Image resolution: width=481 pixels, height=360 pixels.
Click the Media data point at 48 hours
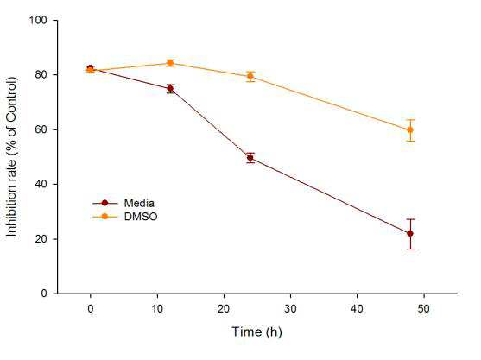pyautogui.click(x=410, y=234)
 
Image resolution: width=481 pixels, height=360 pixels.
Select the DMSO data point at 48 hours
pyautogui.click(x=410, y=130)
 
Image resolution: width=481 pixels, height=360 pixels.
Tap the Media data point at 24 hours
pyautogui.click(x=250, y=158)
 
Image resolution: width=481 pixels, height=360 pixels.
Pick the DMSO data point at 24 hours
pyautogui.click(x=250, y=76)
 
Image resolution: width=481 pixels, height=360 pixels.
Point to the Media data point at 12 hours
pyautogui.click(x=170, y=89)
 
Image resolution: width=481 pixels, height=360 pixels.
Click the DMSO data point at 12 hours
pyautogui.click(x=170, y=64)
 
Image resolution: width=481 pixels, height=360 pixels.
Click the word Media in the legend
pyautogui.click(x=139, y=203)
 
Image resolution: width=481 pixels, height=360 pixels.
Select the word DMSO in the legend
pyautogui.click(x=141, y=217)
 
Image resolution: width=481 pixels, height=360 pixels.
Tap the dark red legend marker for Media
pyautogui.click(x=104, y=203)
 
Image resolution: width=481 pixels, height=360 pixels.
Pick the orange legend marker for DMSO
pyautogui.click(x=104, y=217)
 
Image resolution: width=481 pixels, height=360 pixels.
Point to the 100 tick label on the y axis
pyautogui.click(x=38, y=20)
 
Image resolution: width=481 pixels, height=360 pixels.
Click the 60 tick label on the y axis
pyautogui.click(x=41, y=129)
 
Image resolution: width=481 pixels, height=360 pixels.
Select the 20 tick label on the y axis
pyautogui.click(x=41, y=239)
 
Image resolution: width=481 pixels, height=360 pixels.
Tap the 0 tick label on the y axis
pyautogui.click(x=44, y=294)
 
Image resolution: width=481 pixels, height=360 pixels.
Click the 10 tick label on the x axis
pyautogui.click(x=157, y=309)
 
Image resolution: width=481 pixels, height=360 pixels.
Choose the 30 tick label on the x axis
pyautogui.click(x=290, y=309)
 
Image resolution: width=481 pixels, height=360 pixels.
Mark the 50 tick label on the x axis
pyautogui.click(x=423, y=309)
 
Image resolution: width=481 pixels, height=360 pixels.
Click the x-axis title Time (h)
pyautogui.click(x=256, y=332)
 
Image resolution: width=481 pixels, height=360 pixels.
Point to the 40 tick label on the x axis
pyautogui.click(x=357, y=309)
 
